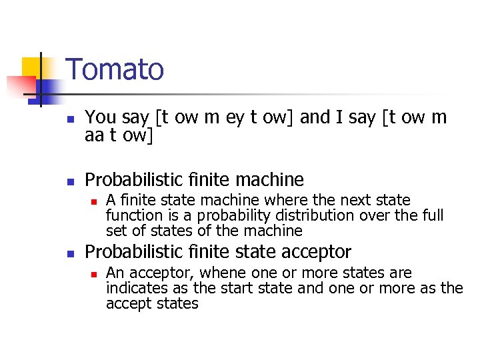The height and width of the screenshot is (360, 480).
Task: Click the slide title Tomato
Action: tap(115, 69)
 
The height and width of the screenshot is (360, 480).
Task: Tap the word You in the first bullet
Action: tap(101, 117)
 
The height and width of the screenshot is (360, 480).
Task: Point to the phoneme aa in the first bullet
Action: tap(95, 136)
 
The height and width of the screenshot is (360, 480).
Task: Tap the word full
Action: tap(433, 215)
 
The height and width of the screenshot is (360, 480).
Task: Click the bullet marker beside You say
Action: tap(69, 119)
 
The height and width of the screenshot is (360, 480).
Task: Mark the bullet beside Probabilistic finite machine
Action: tap(69, 181)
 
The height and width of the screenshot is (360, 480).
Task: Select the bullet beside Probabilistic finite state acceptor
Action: tap(69, 253)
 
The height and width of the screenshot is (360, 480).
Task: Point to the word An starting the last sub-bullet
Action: tap(115, 273)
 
